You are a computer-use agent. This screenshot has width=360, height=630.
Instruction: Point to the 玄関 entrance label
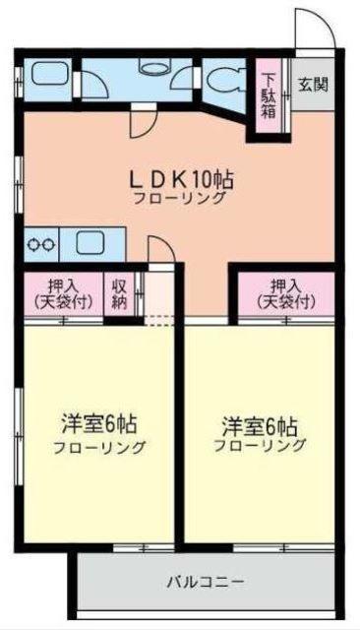[315, 82]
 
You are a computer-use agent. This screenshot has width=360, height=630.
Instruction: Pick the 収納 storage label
[118, 293]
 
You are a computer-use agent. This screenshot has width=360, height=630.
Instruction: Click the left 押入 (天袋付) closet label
[62, 292]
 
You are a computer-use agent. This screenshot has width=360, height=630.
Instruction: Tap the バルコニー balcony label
[206, 582]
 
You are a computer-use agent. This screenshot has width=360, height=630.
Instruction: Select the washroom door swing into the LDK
[144, 123]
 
